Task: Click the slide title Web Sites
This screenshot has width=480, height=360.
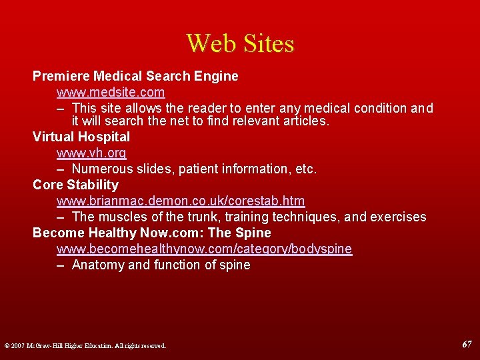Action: point(240,44)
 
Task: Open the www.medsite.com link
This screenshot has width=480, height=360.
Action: point(111,92)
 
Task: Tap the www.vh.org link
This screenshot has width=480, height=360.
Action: point(91,153)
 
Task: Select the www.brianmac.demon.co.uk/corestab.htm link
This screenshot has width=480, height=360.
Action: point(181,201)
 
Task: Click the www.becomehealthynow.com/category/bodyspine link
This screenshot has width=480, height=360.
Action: point(204,249)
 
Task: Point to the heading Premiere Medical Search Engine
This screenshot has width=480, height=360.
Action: point(135,76)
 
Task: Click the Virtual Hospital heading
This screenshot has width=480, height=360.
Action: point(81,137)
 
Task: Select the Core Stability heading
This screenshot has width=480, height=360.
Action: point(75,185)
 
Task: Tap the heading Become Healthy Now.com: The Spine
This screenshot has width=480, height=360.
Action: point(152,233)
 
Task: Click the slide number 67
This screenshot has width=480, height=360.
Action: point(467,345)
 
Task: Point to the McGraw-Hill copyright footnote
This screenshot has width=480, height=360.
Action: point(85,346)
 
